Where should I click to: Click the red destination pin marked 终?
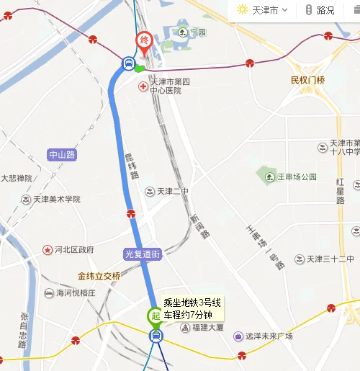[145, 42]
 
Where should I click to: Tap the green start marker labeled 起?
[155, 315]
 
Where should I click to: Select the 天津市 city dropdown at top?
[263, 10]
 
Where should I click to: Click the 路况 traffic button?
[320, 10]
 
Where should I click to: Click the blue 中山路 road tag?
[63, 155]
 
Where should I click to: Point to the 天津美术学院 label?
[55, 199]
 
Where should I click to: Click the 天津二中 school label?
[171, 191]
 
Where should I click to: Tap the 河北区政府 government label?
[73, 250]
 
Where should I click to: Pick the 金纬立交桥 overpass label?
[99, 275]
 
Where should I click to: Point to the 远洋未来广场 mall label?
[268, 336]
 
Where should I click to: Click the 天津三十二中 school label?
[332, 259]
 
